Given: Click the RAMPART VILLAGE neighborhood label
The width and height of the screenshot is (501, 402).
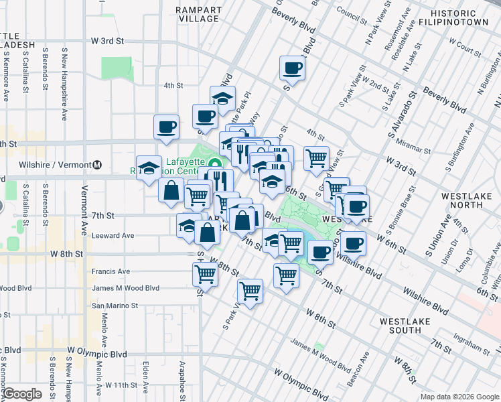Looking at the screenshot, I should pyautogui.click(x=198, y=14).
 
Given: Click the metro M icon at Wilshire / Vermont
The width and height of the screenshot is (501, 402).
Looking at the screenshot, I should pyautogui.click(x=97, y=165).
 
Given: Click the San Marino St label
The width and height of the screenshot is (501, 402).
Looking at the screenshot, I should pyautogui.click(x=115, y=305).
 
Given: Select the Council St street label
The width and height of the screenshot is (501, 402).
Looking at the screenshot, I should pyautogui.click(x=353, y=11).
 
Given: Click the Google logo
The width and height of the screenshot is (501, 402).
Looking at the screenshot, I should pyautogui.click(x=22, y=394).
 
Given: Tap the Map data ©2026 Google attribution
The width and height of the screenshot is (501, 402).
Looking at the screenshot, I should pyautogui.click(x=459, y=396).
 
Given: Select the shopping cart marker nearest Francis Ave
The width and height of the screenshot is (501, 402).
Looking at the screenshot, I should pyautogui.click(x=205, y=273).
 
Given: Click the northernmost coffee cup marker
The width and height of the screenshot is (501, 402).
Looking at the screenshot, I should pyautogui.click(x=293, y=67).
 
